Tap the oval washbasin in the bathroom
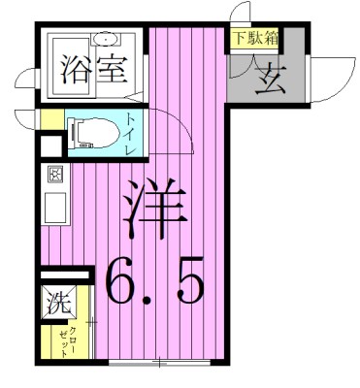pos(105,40)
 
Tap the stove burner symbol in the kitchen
pos(54,176)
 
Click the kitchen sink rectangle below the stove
pos(54,206)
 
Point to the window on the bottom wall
pos(161,364)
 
